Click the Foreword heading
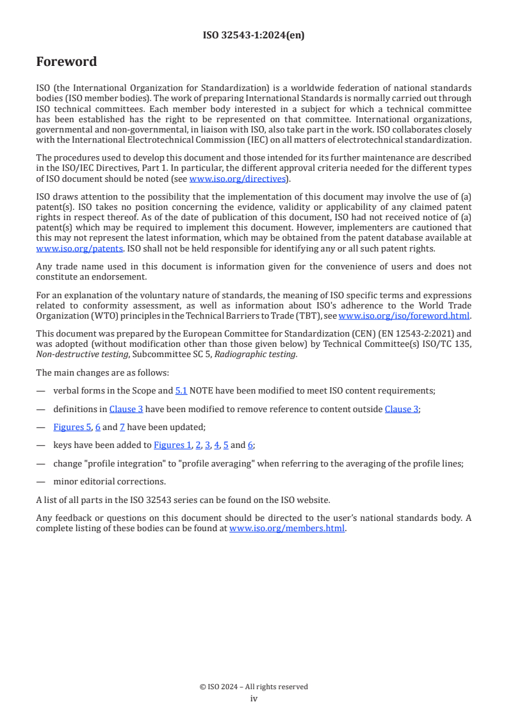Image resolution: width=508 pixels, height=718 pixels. tap(67, 62)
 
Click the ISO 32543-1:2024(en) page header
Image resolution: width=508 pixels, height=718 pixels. tap(254, 35)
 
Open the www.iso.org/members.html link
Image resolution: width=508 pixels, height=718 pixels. tap(287, 529)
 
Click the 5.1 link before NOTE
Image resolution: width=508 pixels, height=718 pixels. tap(181, 390)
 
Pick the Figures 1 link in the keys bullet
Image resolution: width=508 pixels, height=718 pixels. tap(172, 445)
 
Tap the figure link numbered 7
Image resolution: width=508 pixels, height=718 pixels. tap(122, 427)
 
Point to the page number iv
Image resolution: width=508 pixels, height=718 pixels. tap(254, 698)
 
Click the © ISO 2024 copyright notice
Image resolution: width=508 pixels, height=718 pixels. tap(254, 687)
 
